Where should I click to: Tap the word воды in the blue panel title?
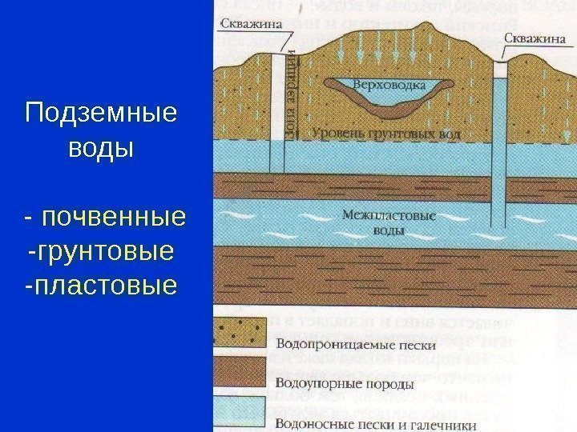pos(100,149)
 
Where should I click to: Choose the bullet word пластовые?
pos(100,285)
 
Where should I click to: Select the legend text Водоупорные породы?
pos(345,383)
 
